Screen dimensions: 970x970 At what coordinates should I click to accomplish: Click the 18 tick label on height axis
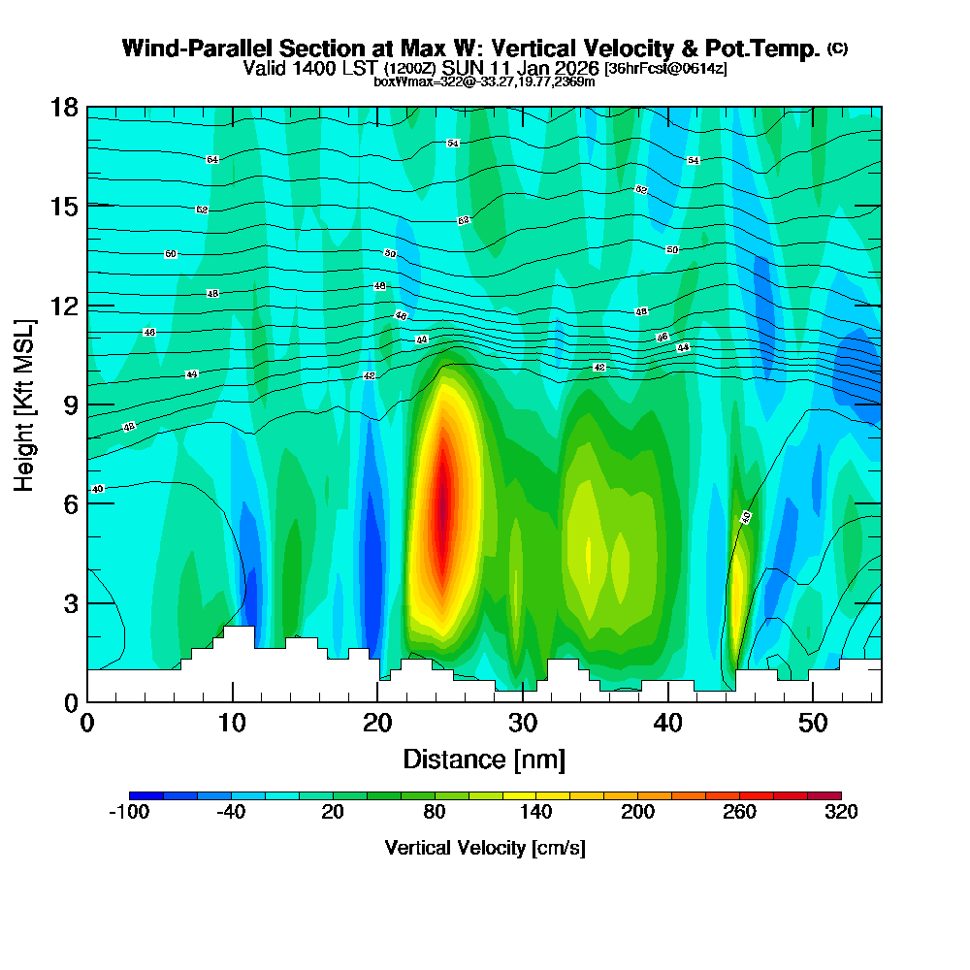pos(64,107)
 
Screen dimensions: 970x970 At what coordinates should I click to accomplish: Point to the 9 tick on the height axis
pos(87,404)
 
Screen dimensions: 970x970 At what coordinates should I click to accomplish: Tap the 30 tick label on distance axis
pos(523,724)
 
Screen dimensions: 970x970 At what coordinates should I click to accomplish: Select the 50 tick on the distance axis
pos(813,701)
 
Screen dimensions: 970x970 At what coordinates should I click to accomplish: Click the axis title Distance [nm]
pos(484,759)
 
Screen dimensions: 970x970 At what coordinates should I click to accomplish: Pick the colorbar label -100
pos(129,813)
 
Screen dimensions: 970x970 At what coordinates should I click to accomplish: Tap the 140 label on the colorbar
pos(535,813)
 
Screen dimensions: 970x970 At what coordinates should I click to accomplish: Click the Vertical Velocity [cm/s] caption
pos(485,848)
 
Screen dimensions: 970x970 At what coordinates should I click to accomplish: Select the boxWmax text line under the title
pos(484,81)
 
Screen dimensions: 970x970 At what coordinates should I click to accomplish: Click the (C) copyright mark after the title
pos(837,48)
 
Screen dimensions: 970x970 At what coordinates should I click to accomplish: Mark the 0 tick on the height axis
pos(87,701)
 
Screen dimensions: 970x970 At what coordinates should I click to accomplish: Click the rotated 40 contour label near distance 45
pos(746,517)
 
